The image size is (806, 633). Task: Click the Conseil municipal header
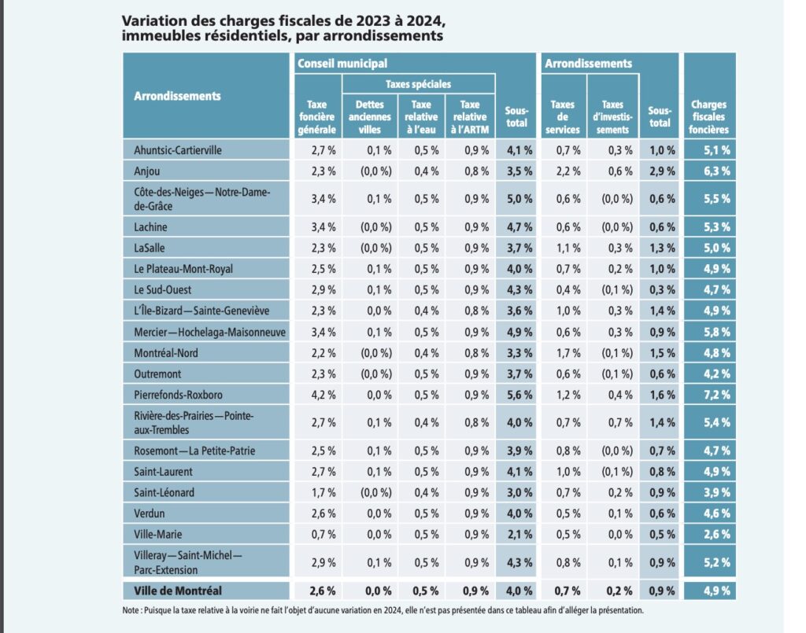342,64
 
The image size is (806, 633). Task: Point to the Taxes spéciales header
418,84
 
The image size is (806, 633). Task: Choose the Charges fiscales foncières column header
709,116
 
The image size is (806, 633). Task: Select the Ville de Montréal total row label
178,590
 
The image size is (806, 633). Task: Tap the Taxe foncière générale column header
316,116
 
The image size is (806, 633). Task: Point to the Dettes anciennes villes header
368,116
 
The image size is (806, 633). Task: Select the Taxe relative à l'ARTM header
469,116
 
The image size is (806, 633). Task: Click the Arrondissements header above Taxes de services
589,64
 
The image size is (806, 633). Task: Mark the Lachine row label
151,227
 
